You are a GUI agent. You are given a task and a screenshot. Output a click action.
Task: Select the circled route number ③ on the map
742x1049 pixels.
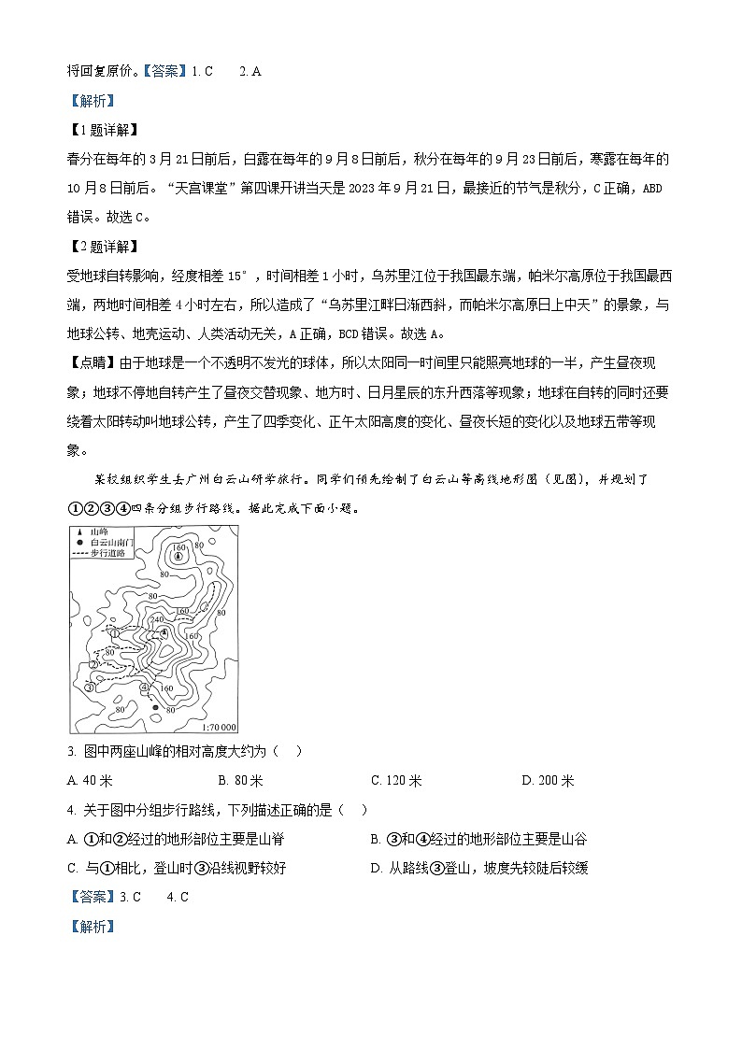89,688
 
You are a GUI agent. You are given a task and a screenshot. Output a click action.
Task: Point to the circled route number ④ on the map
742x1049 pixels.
144,688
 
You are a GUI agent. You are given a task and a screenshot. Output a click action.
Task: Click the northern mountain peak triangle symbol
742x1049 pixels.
177,556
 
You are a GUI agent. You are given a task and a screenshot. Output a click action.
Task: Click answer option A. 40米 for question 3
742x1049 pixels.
91,781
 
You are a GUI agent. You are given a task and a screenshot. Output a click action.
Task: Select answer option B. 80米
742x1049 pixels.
240,781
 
